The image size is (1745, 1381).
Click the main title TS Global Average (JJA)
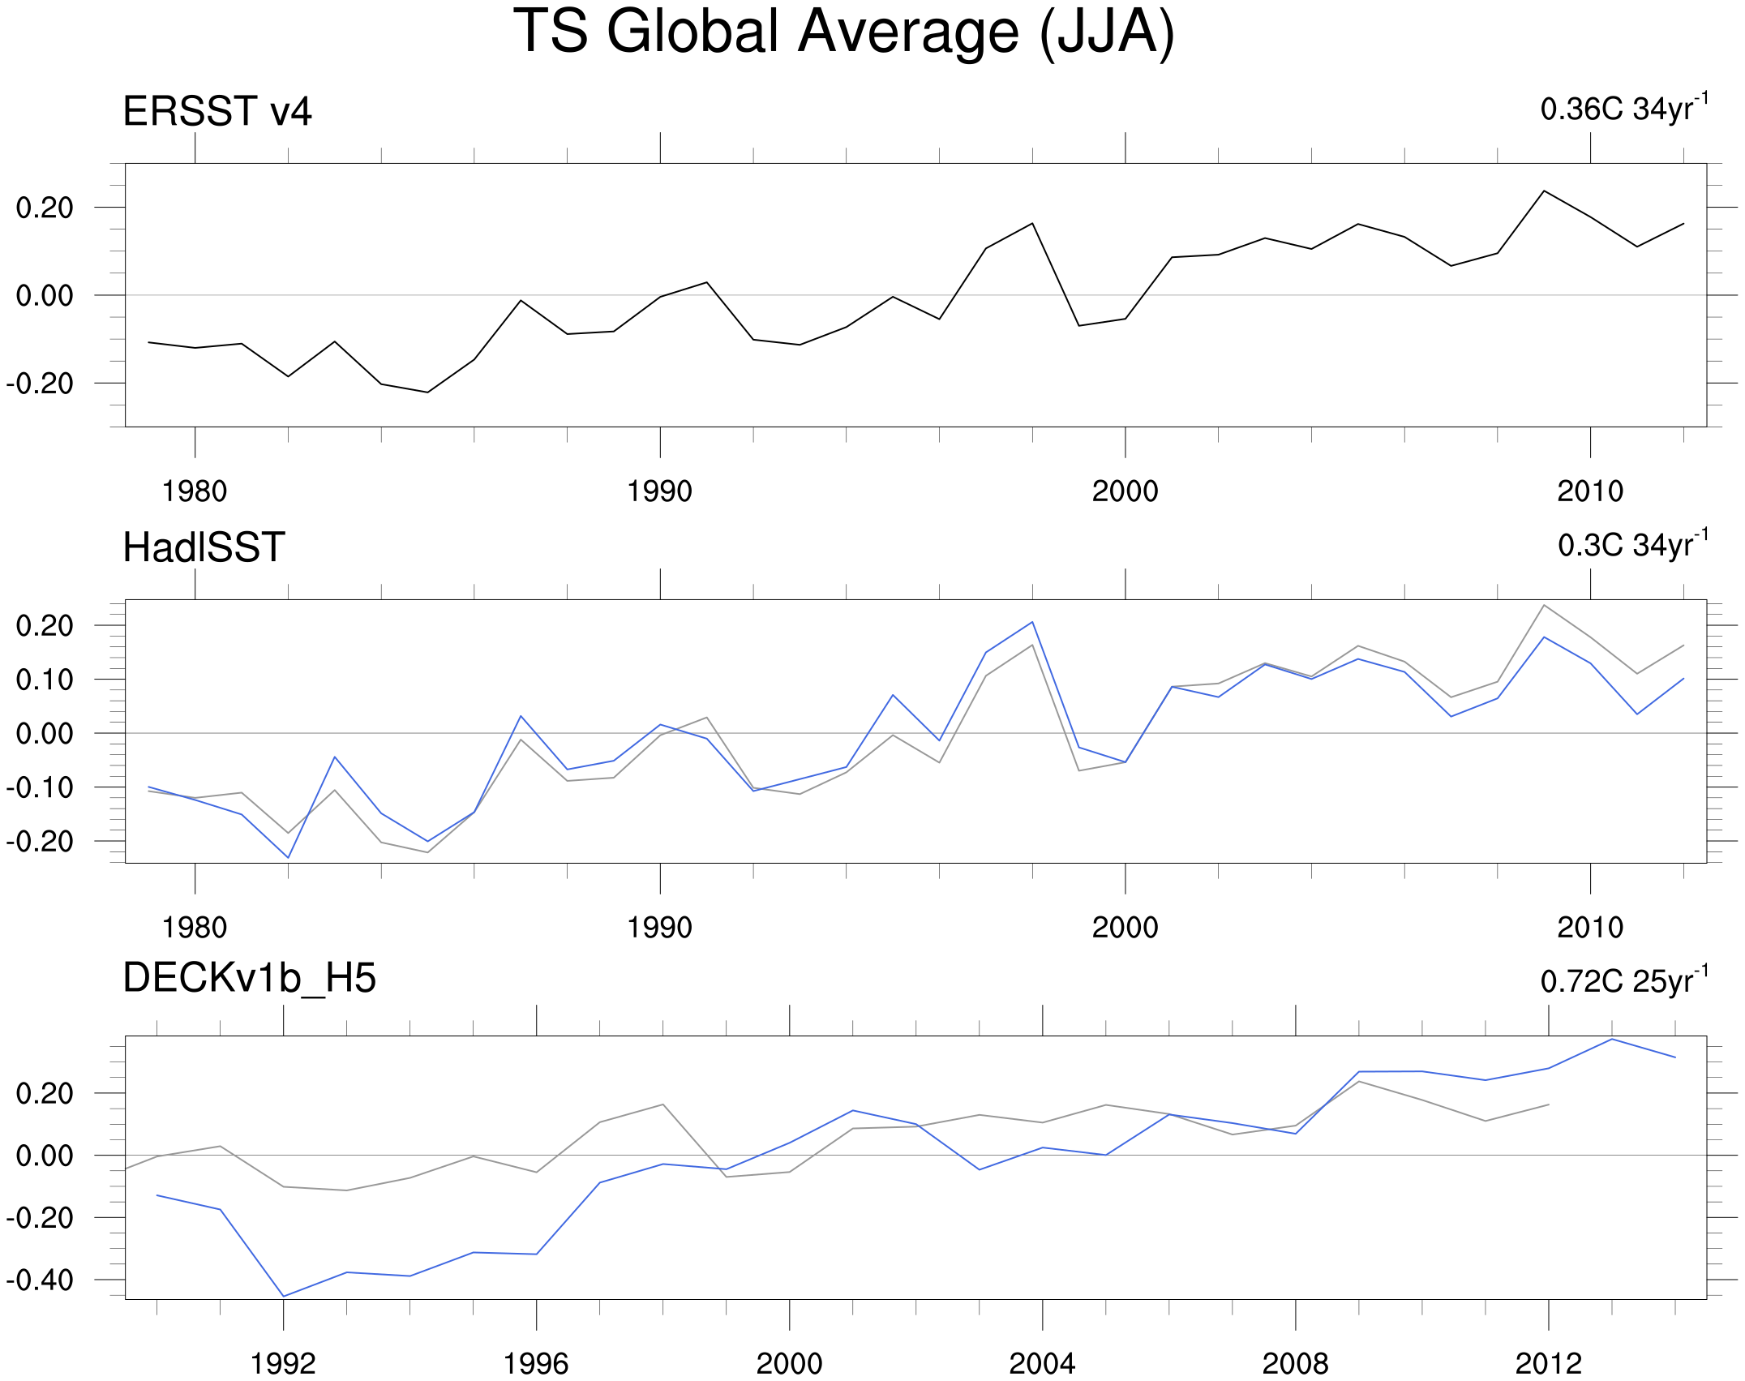pyautogui.click(x=843, y=32)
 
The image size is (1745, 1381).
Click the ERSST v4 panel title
pyautogui.click(x=217, y=111)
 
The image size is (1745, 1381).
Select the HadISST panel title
pyautogui.click(x=204, y=547)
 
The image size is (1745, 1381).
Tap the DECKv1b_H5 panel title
pyautogui.click(x=249, y=978)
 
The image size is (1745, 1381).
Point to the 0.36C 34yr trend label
pyautogui.click(x=1623, y=109)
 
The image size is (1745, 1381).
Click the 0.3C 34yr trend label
pyautogui.click(x=1632, y=545)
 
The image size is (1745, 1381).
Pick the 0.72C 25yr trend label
pyautogui.click(x=1623, y=981)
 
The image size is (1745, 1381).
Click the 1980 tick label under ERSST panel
pyautogui.click(x=195, y=491)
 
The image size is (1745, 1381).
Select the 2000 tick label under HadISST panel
pyautogui.click(x=1125, y=928)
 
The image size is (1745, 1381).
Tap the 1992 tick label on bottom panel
pyautogui.click(x=283, y=1364)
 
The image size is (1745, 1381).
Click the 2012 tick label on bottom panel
pyautogui.click(x=1548, y=1364)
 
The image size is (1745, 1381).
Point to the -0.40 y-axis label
pyautogui.click(x=40, y=1280)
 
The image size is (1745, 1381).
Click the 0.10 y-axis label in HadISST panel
pyautogui.click(x=45, y=680)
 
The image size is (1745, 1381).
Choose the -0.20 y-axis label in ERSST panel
pyautogui.click(x=40, y=384)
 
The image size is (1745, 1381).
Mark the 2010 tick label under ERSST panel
pyautogui.click(x=1590, y=491)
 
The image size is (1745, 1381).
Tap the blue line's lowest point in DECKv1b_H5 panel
pyautogui.click(x=284, y=1296)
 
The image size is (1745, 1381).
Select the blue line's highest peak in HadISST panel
pyautogui.click(x=1032, y=622)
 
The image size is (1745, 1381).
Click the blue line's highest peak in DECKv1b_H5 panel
pyautogui.click(x=1611, y=1040)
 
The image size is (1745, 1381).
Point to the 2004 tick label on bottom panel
pyautogui.click(x=1042, y=1364)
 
